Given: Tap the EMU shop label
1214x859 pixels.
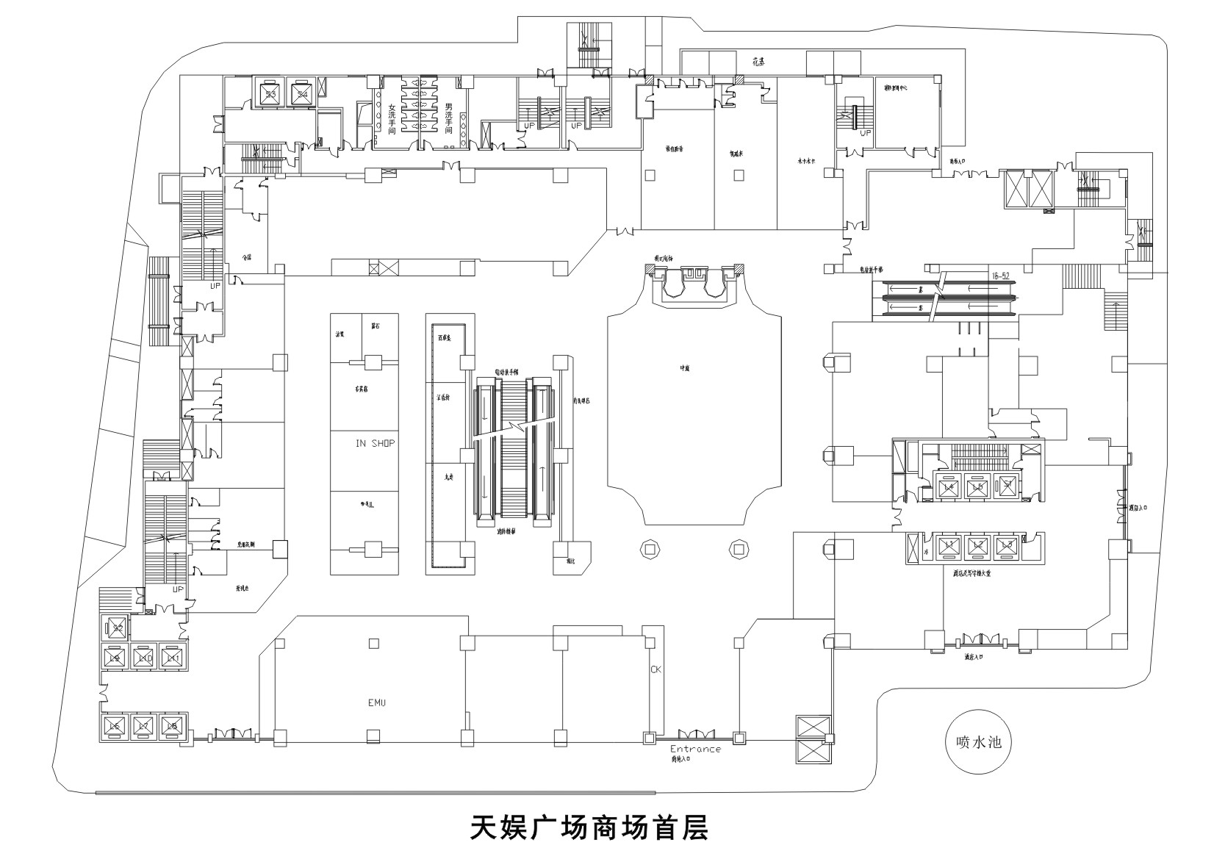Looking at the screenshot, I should click(376, 703).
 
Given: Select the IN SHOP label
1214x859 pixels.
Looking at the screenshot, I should click(375, 443).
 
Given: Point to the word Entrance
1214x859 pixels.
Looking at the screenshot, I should click(695, 749).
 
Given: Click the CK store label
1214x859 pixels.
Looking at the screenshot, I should click(656, 670).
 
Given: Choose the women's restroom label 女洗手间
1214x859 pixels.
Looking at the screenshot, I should click(392, 118).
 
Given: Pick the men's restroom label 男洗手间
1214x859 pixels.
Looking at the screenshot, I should click(448, 118).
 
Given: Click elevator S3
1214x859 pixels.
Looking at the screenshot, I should click(271, 93).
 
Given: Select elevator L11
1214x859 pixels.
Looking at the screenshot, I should click(171, 658).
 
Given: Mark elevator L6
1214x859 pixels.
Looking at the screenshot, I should click(114, 726).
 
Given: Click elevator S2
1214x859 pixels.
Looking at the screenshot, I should click(118, 628).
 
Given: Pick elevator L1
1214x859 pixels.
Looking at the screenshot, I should click(948, 545).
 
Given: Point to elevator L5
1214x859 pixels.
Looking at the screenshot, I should click(977, 486).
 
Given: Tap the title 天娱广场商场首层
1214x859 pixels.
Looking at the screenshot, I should click(589, 827).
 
